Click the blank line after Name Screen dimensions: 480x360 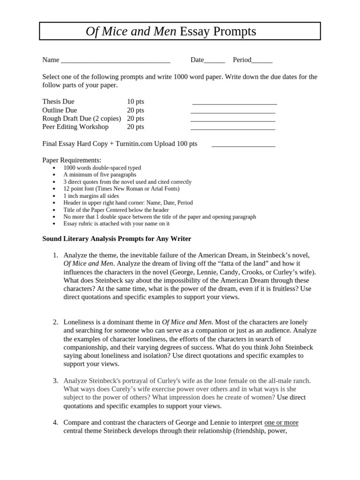(x=115, y=60)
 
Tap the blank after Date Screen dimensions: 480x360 (x=215, y=60)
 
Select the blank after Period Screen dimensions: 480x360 (x=262, y=60)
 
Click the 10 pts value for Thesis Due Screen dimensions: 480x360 (x=135, y=102)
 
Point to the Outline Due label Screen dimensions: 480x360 (x=60, y=110)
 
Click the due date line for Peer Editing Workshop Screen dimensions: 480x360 (x=232, y=127)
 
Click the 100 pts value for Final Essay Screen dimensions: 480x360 (x=187, y=144)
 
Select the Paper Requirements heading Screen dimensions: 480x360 (x=72, y=160)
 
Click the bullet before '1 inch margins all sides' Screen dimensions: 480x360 (x=55, y=196)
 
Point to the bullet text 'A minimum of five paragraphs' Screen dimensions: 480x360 (x=100, y=174)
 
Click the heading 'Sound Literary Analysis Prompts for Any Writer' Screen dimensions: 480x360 (x=117, y=239)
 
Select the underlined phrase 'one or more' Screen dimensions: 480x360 (x=281, y=422)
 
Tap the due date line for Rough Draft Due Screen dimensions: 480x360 (x=232, y=119)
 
